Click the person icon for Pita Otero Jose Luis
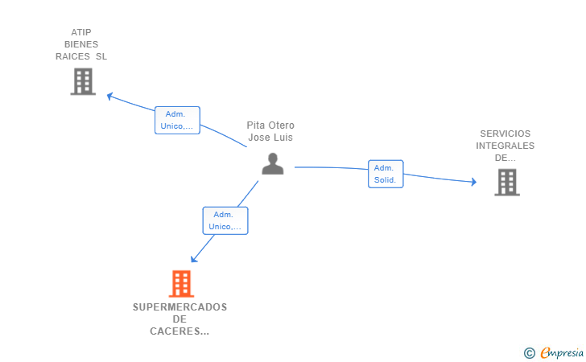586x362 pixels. click(x=272, y=163)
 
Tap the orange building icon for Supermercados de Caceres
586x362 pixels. click(x=181, y=283)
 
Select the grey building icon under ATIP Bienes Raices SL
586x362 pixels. click(x=83, y=81)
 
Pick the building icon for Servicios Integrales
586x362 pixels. click(x=507, y=183)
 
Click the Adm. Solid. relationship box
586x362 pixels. click(x=386, y=174)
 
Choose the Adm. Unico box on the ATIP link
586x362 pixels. click(x=178, y=121)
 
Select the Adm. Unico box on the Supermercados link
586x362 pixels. click(x=225, y=220)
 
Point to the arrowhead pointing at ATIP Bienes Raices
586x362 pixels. click(x=109, y=97)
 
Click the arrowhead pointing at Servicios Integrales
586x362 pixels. click(x=474, y=182)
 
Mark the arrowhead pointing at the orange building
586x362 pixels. click(x=193, y=258)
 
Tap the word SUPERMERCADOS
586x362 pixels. click(x=180, y=307)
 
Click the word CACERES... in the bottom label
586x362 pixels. click(x=180, y=331)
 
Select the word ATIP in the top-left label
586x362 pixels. click(x=81, y=32)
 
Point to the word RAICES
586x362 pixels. click(x=72, y=56)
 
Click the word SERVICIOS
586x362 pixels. click(x=506, y=134)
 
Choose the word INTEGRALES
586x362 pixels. click(x=506, y=146)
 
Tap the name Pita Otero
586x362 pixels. click(x=270, y=125)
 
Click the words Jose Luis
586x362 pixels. click(x=270, y=138)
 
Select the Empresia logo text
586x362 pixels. click(x=562, y=352)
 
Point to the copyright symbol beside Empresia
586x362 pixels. click(x=529, y=353)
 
